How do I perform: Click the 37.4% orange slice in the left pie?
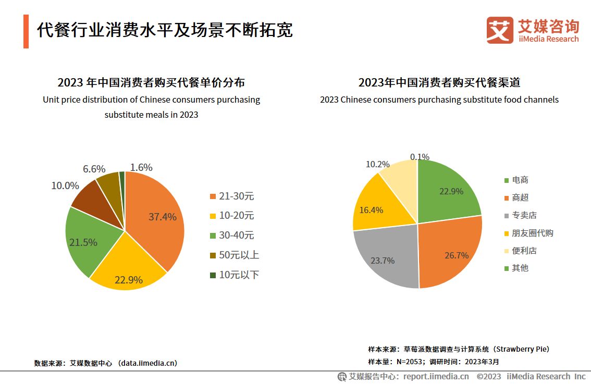click(x=156, y=219)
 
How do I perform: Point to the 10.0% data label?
click(x=65, y=185)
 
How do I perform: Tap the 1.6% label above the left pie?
click(x=141, y=167)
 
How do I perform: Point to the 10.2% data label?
click(x=377, y=164)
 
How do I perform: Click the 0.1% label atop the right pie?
click(x=420, y=156)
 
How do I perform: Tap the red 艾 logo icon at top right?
click(x=499, y=30)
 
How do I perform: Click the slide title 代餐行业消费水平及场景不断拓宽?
click(x=165, y=30)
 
